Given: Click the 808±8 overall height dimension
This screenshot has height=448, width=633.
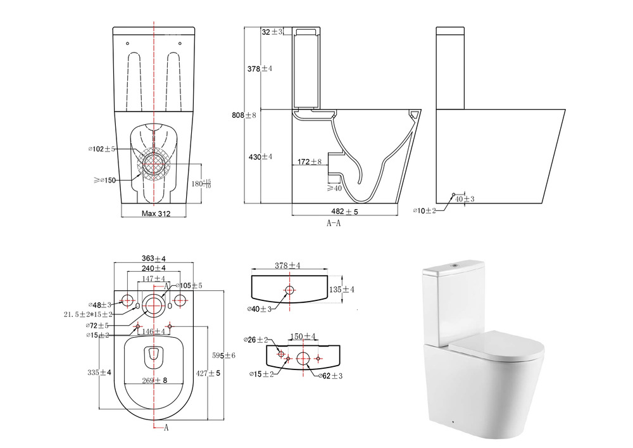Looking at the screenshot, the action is coord(244,115).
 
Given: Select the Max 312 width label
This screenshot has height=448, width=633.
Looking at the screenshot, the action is coord(156,214).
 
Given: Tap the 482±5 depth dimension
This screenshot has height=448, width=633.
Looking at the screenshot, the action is coord(344,211).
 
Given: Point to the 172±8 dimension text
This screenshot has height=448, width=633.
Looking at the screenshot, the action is coord(310,162).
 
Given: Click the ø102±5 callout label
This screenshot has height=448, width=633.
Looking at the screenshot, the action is coord(102,149).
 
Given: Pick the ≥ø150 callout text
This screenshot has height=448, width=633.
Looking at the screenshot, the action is coord(104,180).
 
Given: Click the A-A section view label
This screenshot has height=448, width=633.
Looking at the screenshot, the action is coord(334,223).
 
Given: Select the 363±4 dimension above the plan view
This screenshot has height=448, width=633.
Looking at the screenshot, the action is coord(154,259).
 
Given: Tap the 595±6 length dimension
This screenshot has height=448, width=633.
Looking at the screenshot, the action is coord(223,355).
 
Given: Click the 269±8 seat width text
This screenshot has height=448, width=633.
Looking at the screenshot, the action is coord(154,380).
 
